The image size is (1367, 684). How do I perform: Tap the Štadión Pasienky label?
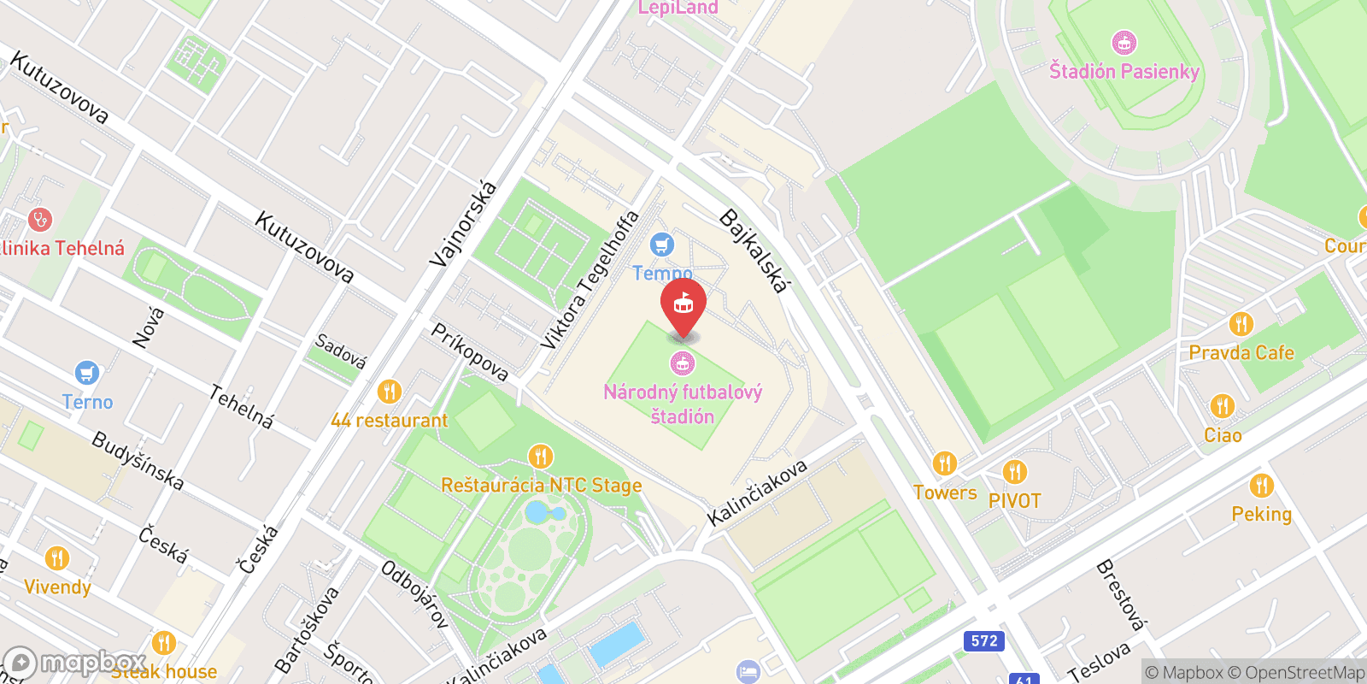1124,72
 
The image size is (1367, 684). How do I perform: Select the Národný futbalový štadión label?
683,404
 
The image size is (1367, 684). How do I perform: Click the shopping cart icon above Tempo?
662,245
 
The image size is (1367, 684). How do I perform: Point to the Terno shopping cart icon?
86,374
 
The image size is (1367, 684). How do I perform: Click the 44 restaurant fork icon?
389,392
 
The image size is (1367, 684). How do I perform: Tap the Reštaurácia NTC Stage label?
542,486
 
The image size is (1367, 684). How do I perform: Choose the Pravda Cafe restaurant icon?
1241,324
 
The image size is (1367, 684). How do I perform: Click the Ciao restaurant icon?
1222,406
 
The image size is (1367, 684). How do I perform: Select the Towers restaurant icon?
944,463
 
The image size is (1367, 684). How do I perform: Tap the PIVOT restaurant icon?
1015,471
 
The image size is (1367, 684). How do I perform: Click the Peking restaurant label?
1261,514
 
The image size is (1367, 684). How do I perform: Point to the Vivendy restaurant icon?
57,558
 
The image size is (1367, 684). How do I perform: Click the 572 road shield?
984,640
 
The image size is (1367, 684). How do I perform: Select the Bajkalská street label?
753,251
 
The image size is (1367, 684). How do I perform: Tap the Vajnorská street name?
463,224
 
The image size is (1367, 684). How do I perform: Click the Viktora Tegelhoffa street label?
590,280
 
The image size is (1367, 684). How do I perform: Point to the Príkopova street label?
469,351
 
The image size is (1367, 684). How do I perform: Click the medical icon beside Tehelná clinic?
39,220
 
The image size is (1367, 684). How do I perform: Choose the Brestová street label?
1119,593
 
